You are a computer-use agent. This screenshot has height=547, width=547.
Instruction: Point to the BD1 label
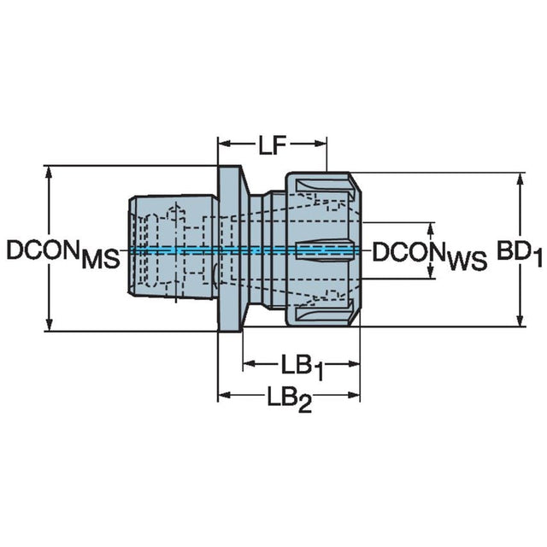pos(521,252)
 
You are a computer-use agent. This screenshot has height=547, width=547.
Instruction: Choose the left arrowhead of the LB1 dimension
pos(249,365)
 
